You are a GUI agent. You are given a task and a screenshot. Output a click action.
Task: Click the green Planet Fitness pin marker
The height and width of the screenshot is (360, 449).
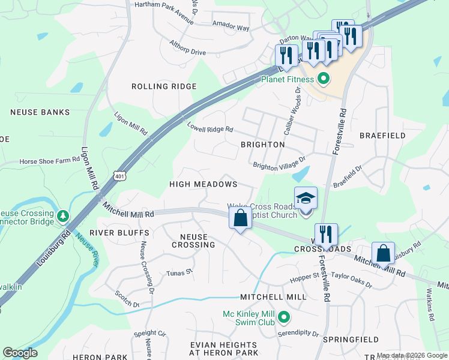pyautogui.click(x=323, y=79)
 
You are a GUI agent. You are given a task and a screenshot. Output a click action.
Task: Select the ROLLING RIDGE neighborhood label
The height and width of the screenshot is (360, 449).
pyautogui.click(x=164, y=86)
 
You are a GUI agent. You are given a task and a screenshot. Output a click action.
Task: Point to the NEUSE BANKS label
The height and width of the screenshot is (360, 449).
pyautogui.click(x=40, y=112)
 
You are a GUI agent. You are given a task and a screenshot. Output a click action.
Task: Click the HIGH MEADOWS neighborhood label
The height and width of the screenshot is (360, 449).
pyautogui.click(x=203, y=184)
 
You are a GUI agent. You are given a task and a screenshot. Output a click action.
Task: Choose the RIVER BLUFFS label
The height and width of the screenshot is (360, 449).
pyautogui.click(x=119, y=232)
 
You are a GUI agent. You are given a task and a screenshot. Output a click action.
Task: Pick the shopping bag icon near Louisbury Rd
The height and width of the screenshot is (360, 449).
pyautogui.click(x=384, y=253)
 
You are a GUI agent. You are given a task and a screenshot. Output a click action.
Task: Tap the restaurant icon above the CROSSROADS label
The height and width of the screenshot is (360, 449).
pyautogui.click(x=326, y=234)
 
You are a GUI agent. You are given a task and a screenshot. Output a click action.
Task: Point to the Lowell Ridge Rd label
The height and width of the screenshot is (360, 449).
pyautogui.click(x=209, y=128)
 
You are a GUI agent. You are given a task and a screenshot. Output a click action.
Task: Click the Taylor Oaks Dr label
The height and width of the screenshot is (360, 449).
pyautogui.click(x=352, y=277)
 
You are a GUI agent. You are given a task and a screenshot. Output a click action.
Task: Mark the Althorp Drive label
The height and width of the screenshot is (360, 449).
pyautogui.click(x=187, y=53)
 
